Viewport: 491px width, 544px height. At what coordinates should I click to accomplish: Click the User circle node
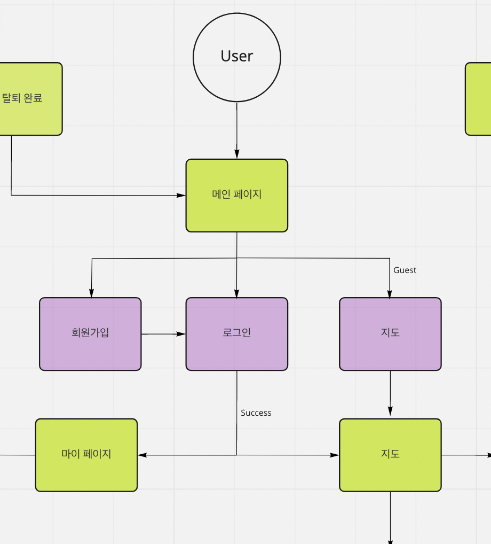point(236,57)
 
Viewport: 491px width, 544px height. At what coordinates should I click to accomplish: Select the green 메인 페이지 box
point(236,195)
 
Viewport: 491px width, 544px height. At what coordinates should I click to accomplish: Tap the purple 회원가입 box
point(90,333)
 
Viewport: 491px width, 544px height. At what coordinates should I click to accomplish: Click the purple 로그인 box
point(236,333)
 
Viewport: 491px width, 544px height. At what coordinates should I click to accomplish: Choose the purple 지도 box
point(390,333)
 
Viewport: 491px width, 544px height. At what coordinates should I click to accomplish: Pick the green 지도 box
point(390,455)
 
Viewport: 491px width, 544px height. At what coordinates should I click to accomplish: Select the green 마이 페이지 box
point(86,455)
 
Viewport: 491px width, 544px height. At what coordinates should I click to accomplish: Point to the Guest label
point(405,270)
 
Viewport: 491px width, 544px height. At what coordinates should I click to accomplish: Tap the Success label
point(256,413)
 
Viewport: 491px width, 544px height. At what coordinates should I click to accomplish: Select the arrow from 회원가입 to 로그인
point(163,334)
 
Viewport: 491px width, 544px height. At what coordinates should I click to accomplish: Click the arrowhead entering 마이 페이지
point(142,455)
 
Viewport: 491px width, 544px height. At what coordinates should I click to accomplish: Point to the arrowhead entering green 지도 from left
point(335,455)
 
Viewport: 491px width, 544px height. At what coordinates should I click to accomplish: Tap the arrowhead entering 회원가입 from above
point(91,293)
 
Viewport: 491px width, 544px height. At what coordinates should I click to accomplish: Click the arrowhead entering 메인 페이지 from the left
point(181,196)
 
